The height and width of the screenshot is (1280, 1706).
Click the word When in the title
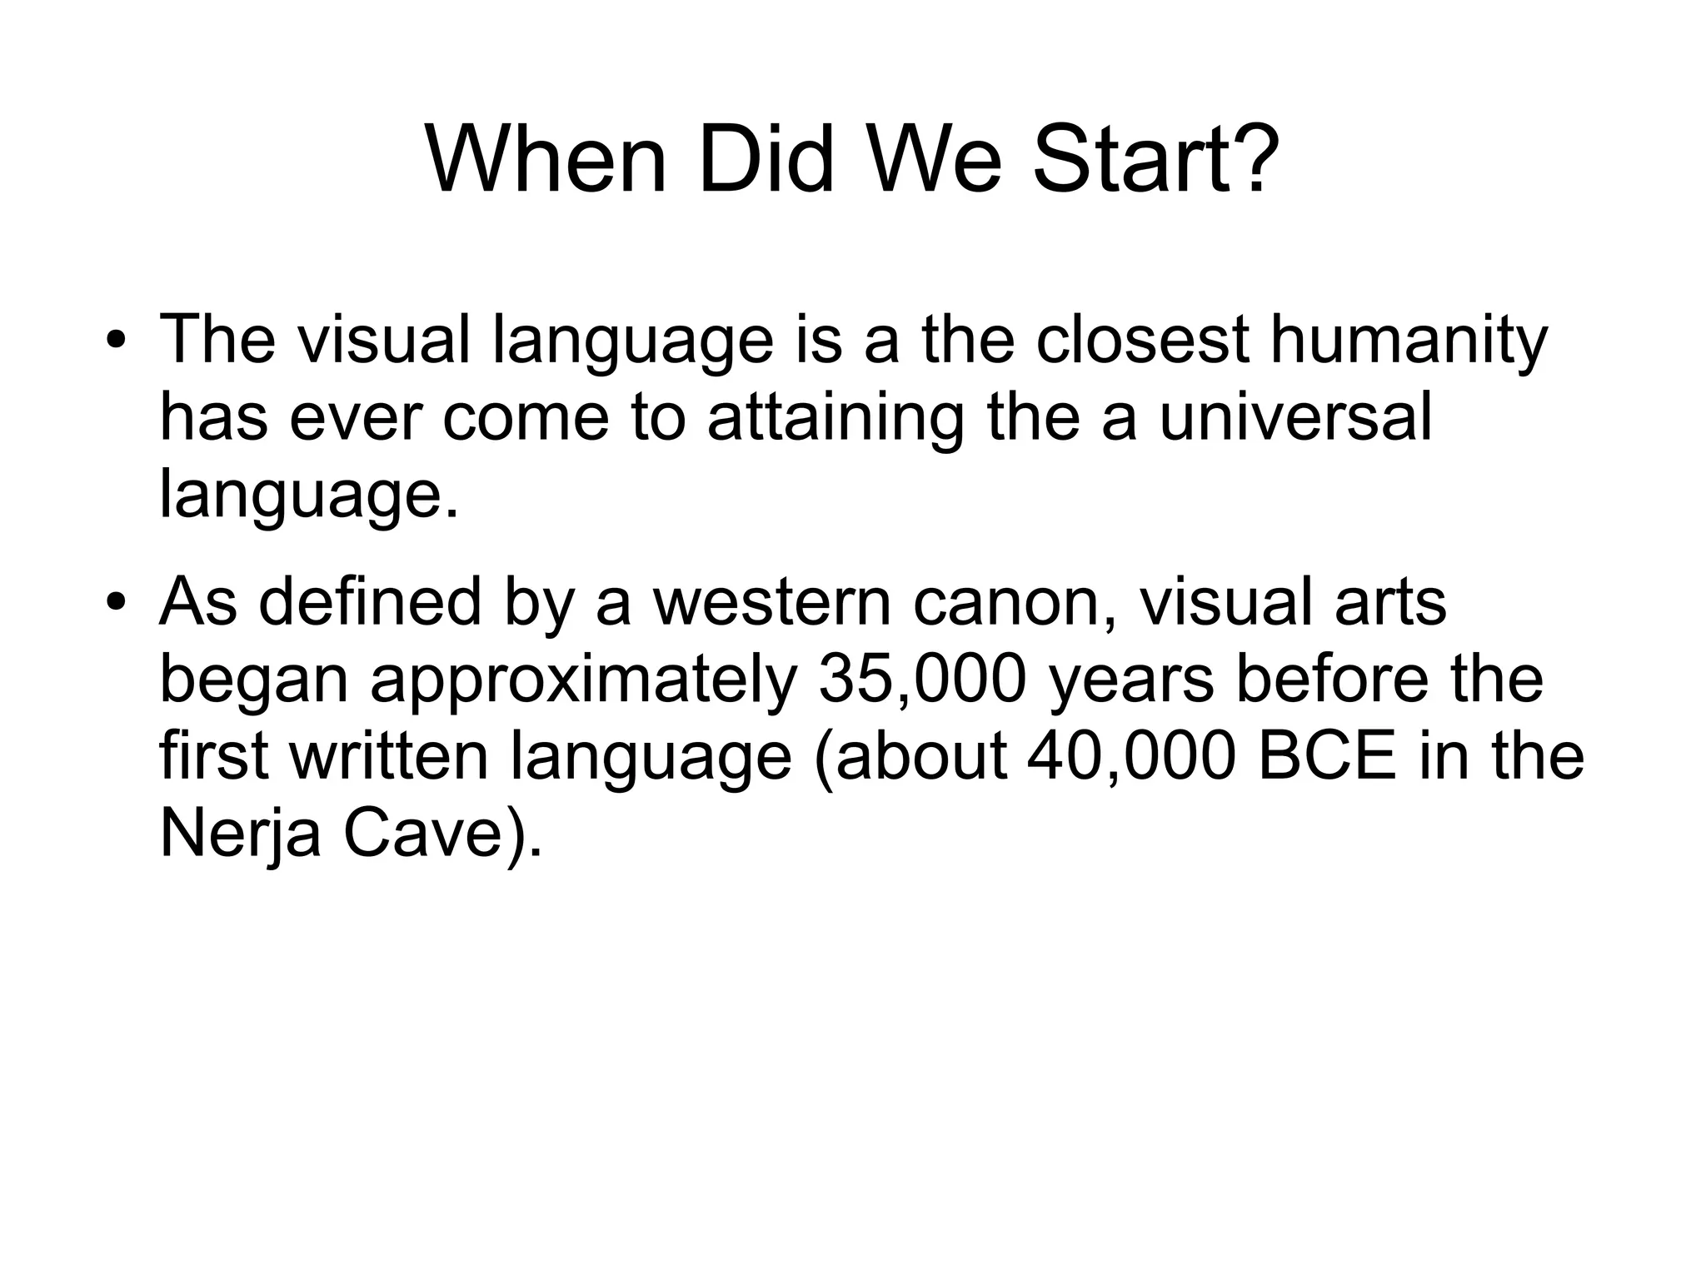[546, 158]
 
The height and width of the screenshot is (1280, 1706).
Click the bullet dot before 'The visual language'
[116, 342]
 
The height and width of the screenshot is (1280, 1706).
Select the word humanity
[1408, 341]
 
